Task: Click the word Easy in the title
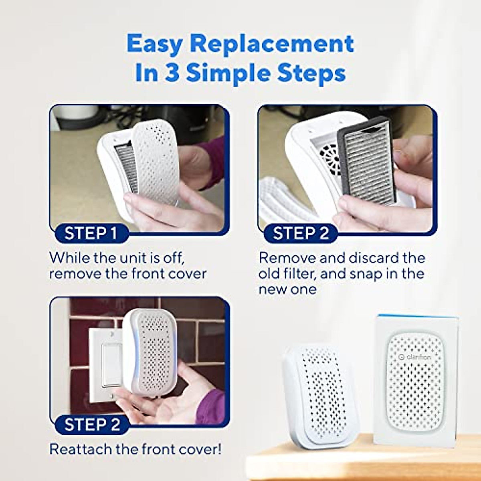point(156,44)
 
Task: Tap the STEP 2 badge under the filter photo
point(301,233)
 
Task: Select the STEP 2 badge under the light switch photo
point(92,425)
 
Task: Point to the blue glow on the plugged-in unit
point(127,353)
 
